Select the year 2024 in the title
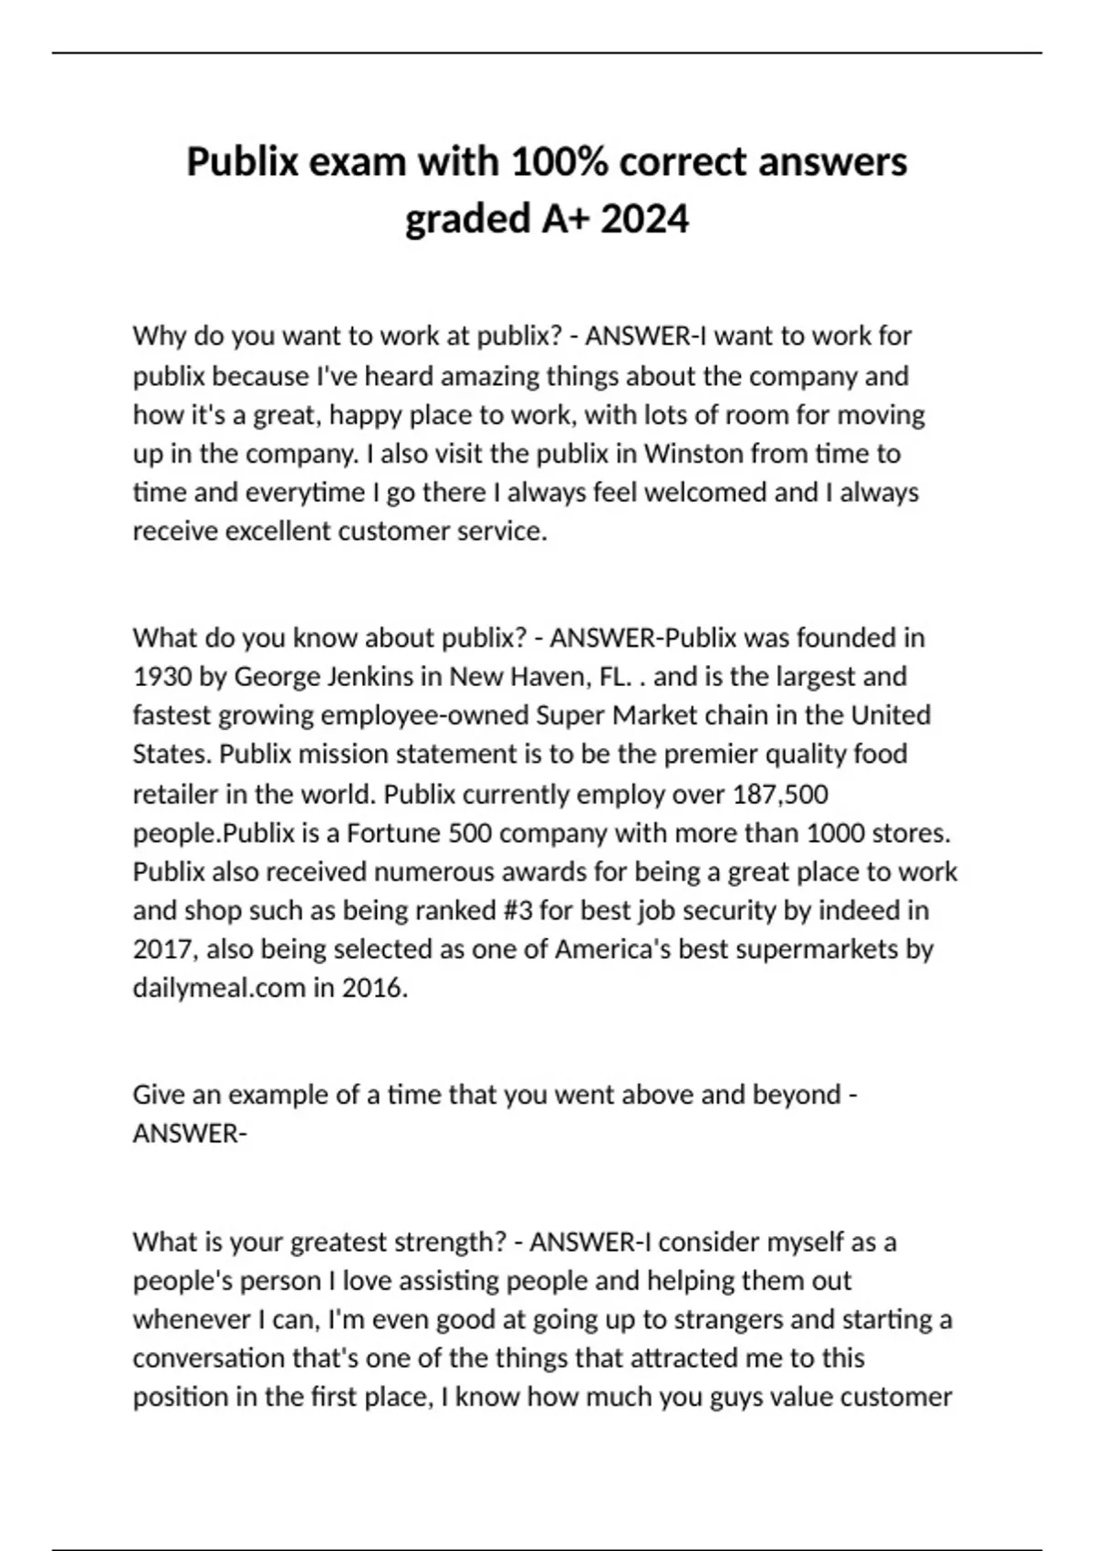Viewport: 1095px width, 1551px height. click(x=645, y=219)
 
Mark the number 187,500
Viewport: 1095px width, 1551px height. click(x=780, y=794)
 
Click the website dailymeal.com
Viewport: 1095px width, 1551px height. click(x=219, y=988)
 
